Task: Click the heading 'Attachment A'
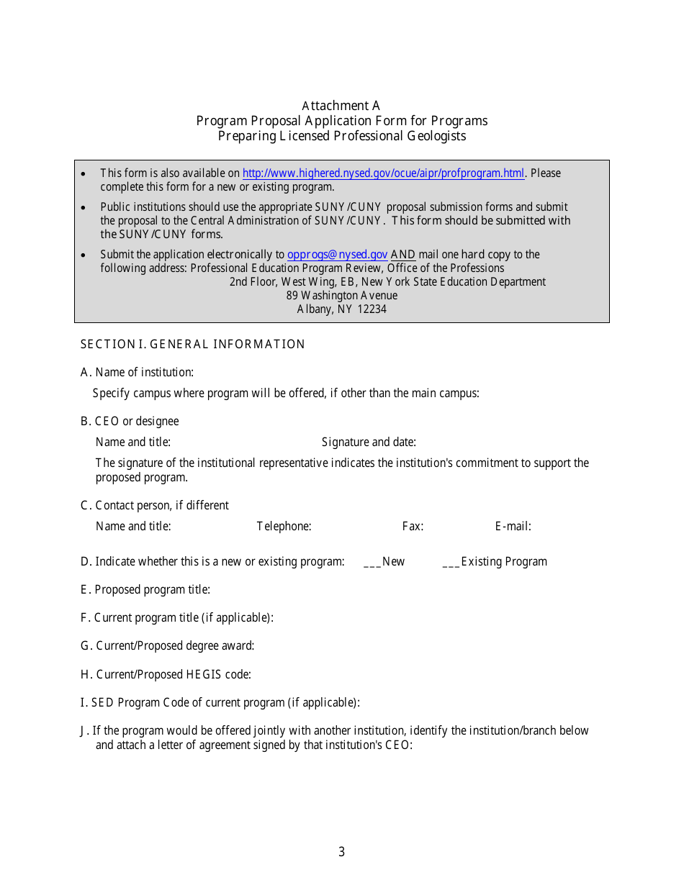pyautogui.click(x=341, y=106)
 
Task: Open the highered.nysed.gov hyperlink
pyautogui.click(x=383, y=173)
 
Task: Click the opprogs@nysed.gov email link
pyautogui.click(x=337, y=255)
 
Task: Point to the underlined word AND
pyautogui.click(x=402, y=255)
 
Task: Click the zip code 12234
pyautogui.click(x=372, y=309)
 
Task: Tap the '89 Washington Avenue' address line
pyautogui.click(x=341, y=296)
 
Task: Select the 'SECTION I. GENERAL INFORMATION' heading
pyautogui.click(x=192, y=345)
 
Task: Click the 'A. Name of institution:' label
pyautogui.click(x=137, y=373)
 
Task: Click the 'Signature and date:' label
pyautogui.click(x=369, y=442)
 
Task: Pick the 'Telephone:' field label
pyautogui.click(x=284, y=527)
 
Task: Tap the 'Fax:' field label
pyautogui.click(x=413, y=527)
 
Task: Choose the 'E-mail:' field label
pyautogui.click(x=513, y=527)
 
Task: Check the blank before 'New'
pyautogui.click(x=372, y=562)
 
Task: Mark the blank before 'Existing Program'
pyautogui.click(x=451, y=562)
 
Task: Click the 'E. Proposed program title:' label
pyautogui.click(x=145, y=590)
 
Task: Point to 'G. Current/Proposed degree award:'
pyautogui.click(x=167, y=646)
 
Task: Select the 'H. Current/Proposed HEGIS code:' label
pyautogui.click(x=166, y=675)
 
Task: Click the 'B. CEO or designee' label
pyautogui.click(x=130, y=422)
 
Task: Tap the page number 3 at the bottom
pyautogui.click(x=341, y=853)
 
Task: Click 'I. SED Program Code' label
pyautogui.click(x=220, y=703)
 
